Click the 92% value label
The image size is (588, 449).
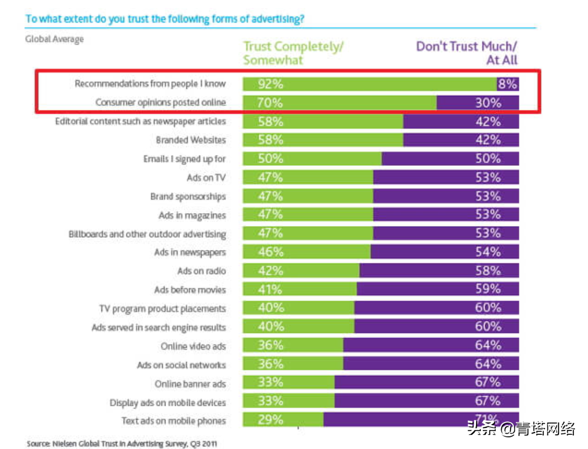(x=256, y=84)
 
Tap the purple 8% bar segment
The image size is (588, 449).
(x=508, y=84)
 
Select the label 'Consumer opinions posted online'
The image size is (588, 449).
(x=161, y=103)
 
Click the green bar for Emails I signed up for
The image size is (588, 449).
(x=312, y=158)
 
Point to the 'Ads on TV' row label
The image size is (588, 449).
(x=206, y=178)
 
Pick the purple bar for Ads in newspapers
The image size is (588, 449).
(x=444, y=252)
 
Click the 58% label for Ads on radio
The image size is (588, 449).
(x=488, y=271)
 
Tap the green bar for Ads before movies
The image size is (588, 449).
(x=300, y=289)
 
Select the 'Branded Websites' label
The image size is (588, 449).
(x=191, y=140)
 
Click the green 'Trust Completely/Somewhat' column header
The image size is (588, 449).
(x=293, y=53)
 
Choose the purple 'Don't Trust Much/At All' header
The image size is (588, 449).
(x=467, y=53)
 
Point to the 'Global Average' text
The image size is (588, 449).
(x=54, y=39)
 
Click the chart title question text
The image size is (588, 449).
(x=165, y=19)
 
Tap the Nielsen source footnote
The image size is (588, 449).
(x=121, y=442)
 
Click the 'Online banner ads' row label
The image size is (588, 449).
(x=190, y=384)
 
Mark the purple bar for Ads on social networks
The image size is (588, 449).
(x=431, y=364)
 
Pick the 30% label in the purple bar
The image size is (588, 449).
(x=488, y=103)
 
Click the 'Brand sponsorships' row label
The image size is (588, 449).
(x=188, y=197)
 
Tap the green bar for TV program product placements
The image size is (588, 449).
(x=298, y=308)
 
